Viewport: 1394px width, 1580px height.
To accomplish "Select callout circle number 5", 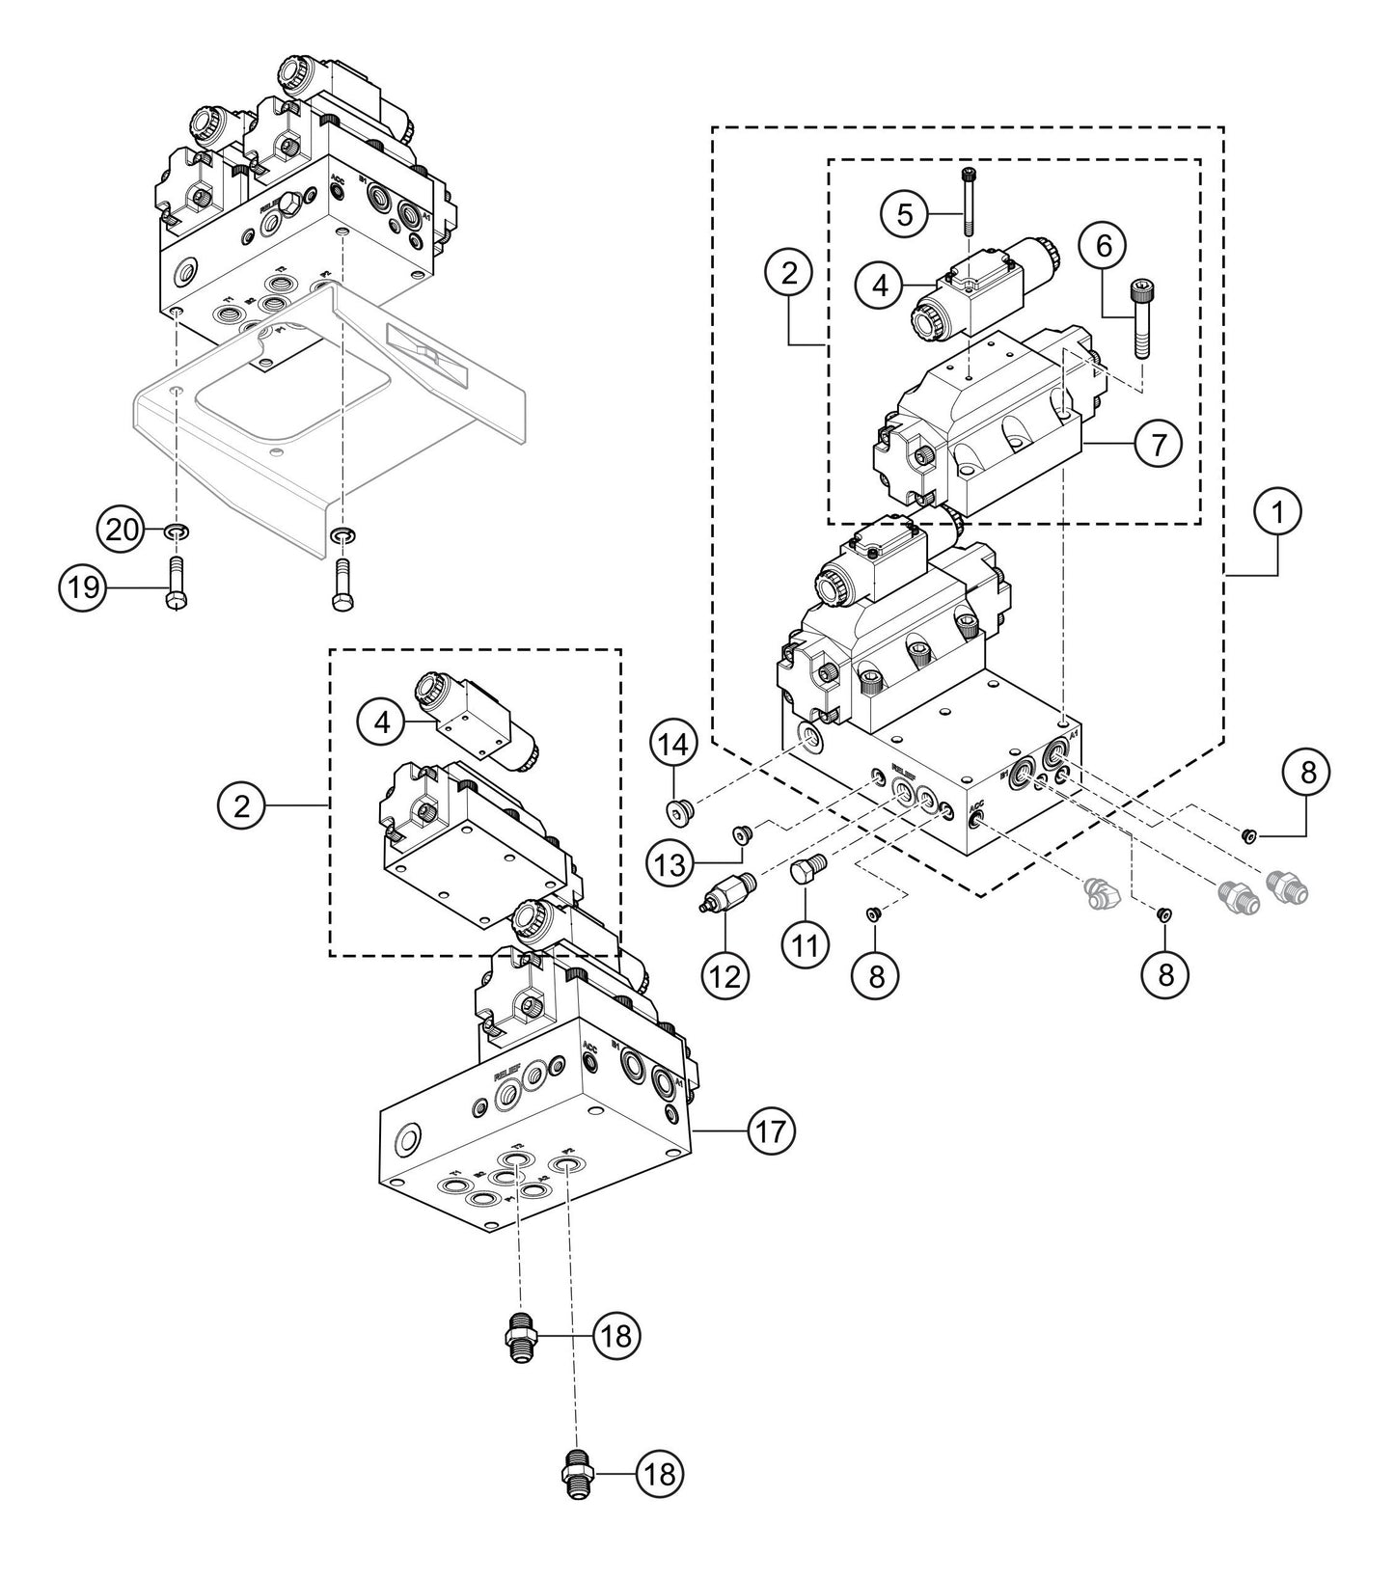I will [904, 214].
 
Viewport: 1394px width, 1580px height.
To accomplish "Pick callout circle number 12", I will [724, 975].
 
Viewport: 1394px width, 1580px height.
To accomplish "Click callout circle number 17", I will [771, 1129].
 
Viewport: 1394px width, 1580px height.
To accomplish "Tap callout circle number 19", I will [84, 585].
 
